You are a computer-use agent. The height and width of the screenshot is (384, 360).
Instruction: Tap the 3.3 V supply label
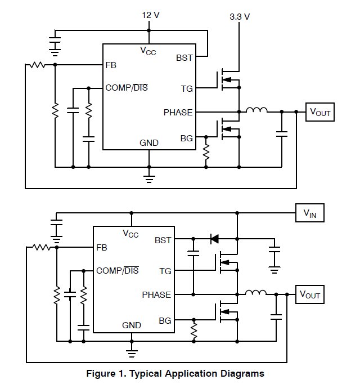[240, 17]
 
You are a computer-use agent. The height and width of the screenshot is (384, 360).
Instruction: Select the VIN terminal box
[310, 213]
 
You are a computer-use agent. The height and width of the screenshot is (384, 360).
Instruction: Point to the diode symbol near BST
[214, 239]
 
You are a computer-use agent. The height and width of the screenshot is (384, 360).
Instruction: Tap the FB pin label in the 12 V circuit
[111, 65]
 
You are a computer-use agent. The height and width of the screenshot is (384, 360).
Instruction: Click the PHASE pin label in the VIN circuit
[157, 294]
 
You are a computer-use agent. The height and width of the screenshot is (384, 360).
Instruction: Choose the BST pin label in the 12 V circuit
[184, 57]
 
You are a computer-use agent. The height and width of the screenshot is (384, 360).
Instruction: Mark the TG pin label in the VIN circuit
[165, 271]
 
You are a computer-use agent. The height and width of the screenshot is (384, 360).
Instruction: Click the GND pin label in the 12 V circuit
[149, 143]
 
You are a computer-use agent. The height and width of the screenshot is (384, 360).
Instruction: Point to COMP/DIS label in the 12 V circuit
[127, 88]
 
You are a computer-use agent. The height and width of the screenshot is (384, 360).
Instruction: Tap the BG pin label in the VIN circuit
[165, 320]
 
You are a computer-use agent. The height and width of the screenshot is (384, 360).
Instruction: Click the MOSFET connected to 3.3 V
[227, 80]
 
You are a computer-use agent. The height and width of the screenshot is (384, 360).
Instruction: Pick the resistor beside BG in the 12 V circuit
[206, 151]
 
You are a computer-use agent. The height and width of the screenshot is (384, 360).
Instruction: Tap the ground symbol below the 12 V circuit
[149, 178]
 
